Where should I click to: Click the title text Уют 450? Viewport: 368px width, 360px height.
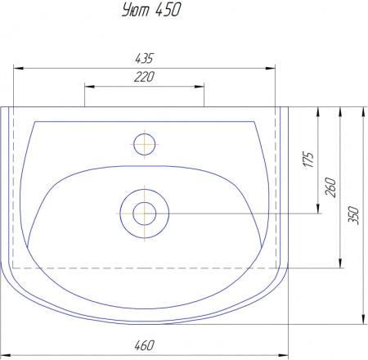(151, 10)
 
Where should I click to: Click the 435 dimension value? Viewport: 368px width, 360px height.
(144, 58)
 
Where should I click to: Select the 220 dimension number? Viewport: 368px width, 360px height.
(144, 77)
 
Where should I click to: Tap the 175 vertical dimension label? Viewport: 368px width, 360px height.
(308, 160)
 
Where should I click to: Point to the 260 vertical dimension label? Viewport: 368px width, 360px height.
(330, 187)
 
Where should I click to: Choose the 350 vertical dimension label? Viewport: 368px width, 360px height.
(353, 215)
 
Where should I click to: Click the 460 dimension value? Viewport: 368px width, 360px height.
(144, 345)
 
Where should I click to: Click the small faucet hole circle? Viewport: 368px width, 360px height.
(145, 133)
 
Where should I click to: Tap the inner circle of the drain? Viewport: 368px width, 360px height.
(145, 203)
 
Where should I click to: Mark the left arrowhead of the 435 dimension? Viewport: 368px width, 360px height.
(18, 68)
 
